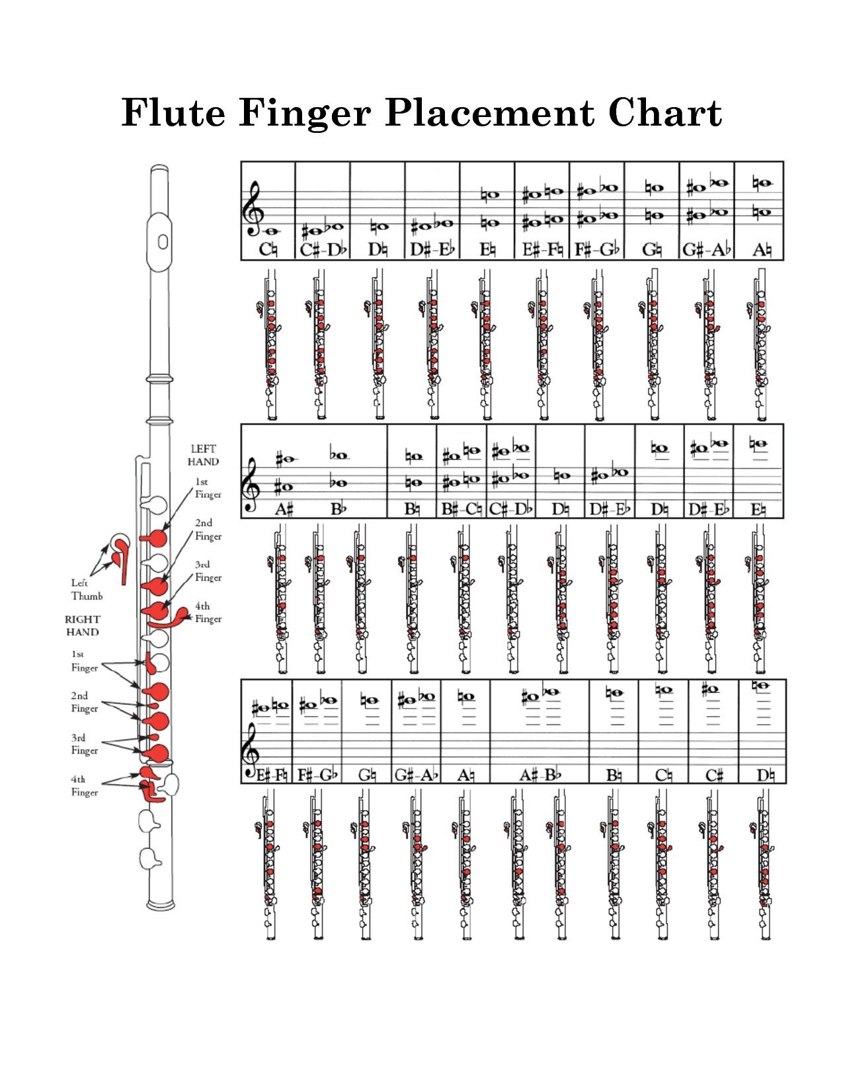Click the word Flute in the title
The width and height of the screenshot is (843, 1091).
(173, 112)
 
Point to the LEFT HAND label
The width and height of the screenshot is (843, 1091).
(203, 456)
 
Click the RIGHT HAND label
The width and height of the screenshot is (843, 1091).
(83, 626)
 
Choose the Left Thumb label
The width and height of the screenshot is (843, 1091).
(87, 589)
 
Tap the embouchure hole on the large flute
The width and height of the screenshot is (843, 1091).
(163, 241)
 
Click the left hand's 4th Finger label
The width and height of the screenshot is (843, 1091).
(208, 612)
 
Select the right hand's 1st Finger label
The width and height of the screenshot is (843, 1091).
(85, 661)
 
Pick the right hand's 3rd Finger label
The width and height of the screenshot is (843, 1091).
(85, 745)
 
